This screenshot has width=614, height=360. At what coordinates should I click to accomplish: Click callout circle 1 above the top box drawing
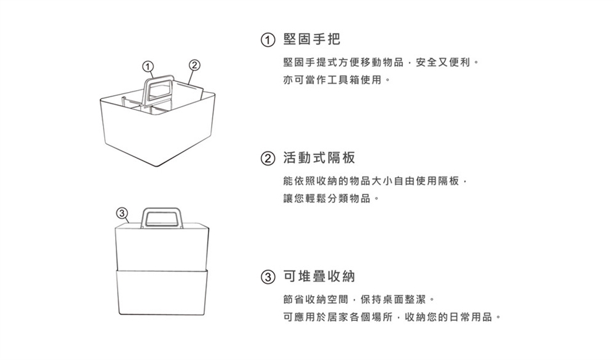tap(148, 65)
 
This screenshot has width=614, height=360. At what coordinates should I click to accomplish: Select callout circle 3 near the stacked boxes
tap(121, 212)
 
